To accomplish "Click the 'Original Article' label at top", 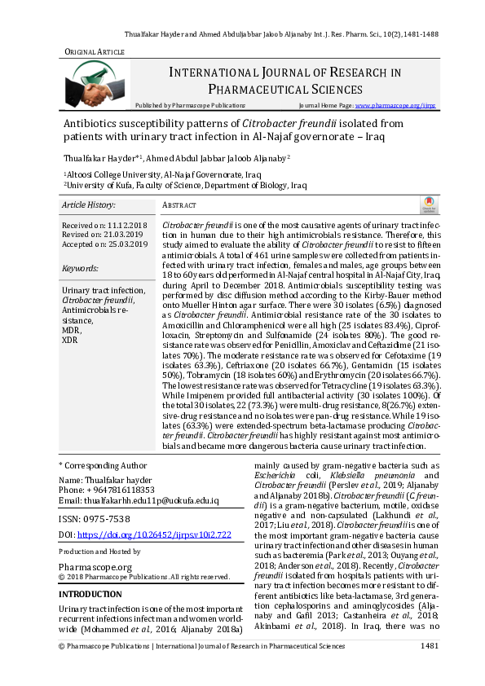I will (95, 52).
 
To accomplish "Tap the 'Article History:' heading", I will (89, 205).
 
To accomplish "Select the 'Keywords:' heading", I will (80, 268).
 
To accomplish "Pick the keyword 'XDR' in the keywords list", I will (70, 340).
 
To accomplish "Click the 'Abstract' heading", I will (179, 206).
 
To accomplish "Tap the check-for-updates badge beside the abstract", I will (426, 205).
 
